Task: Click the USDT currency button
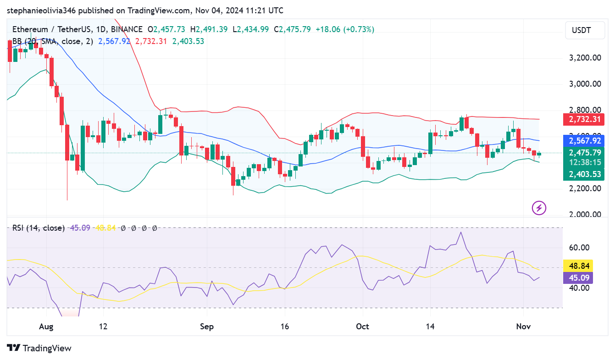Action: coord(581,31)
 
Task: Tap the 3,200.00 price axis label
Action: coord(585,58)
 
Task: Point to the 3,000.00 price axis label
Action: coord(585,84)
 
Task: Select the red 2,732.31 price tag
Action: coord(584,120)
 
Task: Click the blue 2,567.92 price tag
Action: coord(584,141)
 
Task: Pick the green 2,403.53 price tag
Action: coord(584,174)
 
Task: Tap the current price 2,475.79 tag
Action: coord(584,153)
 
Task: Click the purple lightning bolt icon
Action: coord(538,208)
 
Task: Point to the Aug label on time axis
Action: coord(46,327)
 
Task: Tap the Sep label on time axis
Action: coord(207,327)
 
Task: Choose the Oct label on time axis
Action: coord(362,327)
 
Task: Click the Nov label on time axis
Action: coord(523,327)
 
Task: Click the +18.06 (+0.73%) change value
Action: coord(344,29)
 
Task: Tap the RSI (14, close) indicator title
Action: coord(39,228)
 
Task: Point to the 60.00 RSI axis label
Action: coord(579,248)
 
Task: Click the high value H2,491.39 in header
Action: coord(212,29)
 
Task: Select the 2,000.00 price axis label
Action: coord(585,215)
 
